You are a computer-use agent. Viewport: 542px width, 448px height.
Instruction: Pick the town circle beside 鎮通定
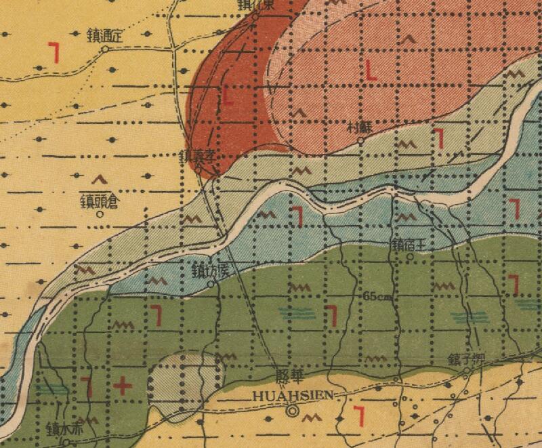pos(105,49)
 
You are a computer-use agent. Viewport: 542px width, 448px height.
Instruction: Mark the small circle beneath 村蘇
pos(361,140)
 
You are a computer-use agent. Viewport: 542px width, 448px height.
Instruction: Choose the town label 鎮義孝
pos(197,155)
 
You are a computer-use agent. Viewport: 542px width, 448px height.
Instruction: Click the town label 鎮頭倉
pos(99,201)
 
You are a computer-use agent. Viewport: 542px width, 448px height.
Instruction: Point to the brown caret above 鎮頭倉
pos(100,180)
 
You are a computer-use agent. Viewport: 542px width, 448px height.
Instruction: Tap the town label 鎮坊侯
pos(212,270)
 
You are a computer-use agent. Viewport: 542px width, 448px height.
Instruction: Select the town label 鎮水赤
pos(64,429)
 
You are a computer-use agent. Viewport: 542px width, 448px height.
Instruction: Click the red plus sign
pos(123,386)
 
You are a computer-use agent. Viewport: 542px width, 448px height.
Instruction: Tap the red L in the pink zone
pos(371,70)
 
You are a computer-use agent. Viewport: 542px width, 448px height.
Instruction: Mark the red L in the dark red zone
pos(228,95)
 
